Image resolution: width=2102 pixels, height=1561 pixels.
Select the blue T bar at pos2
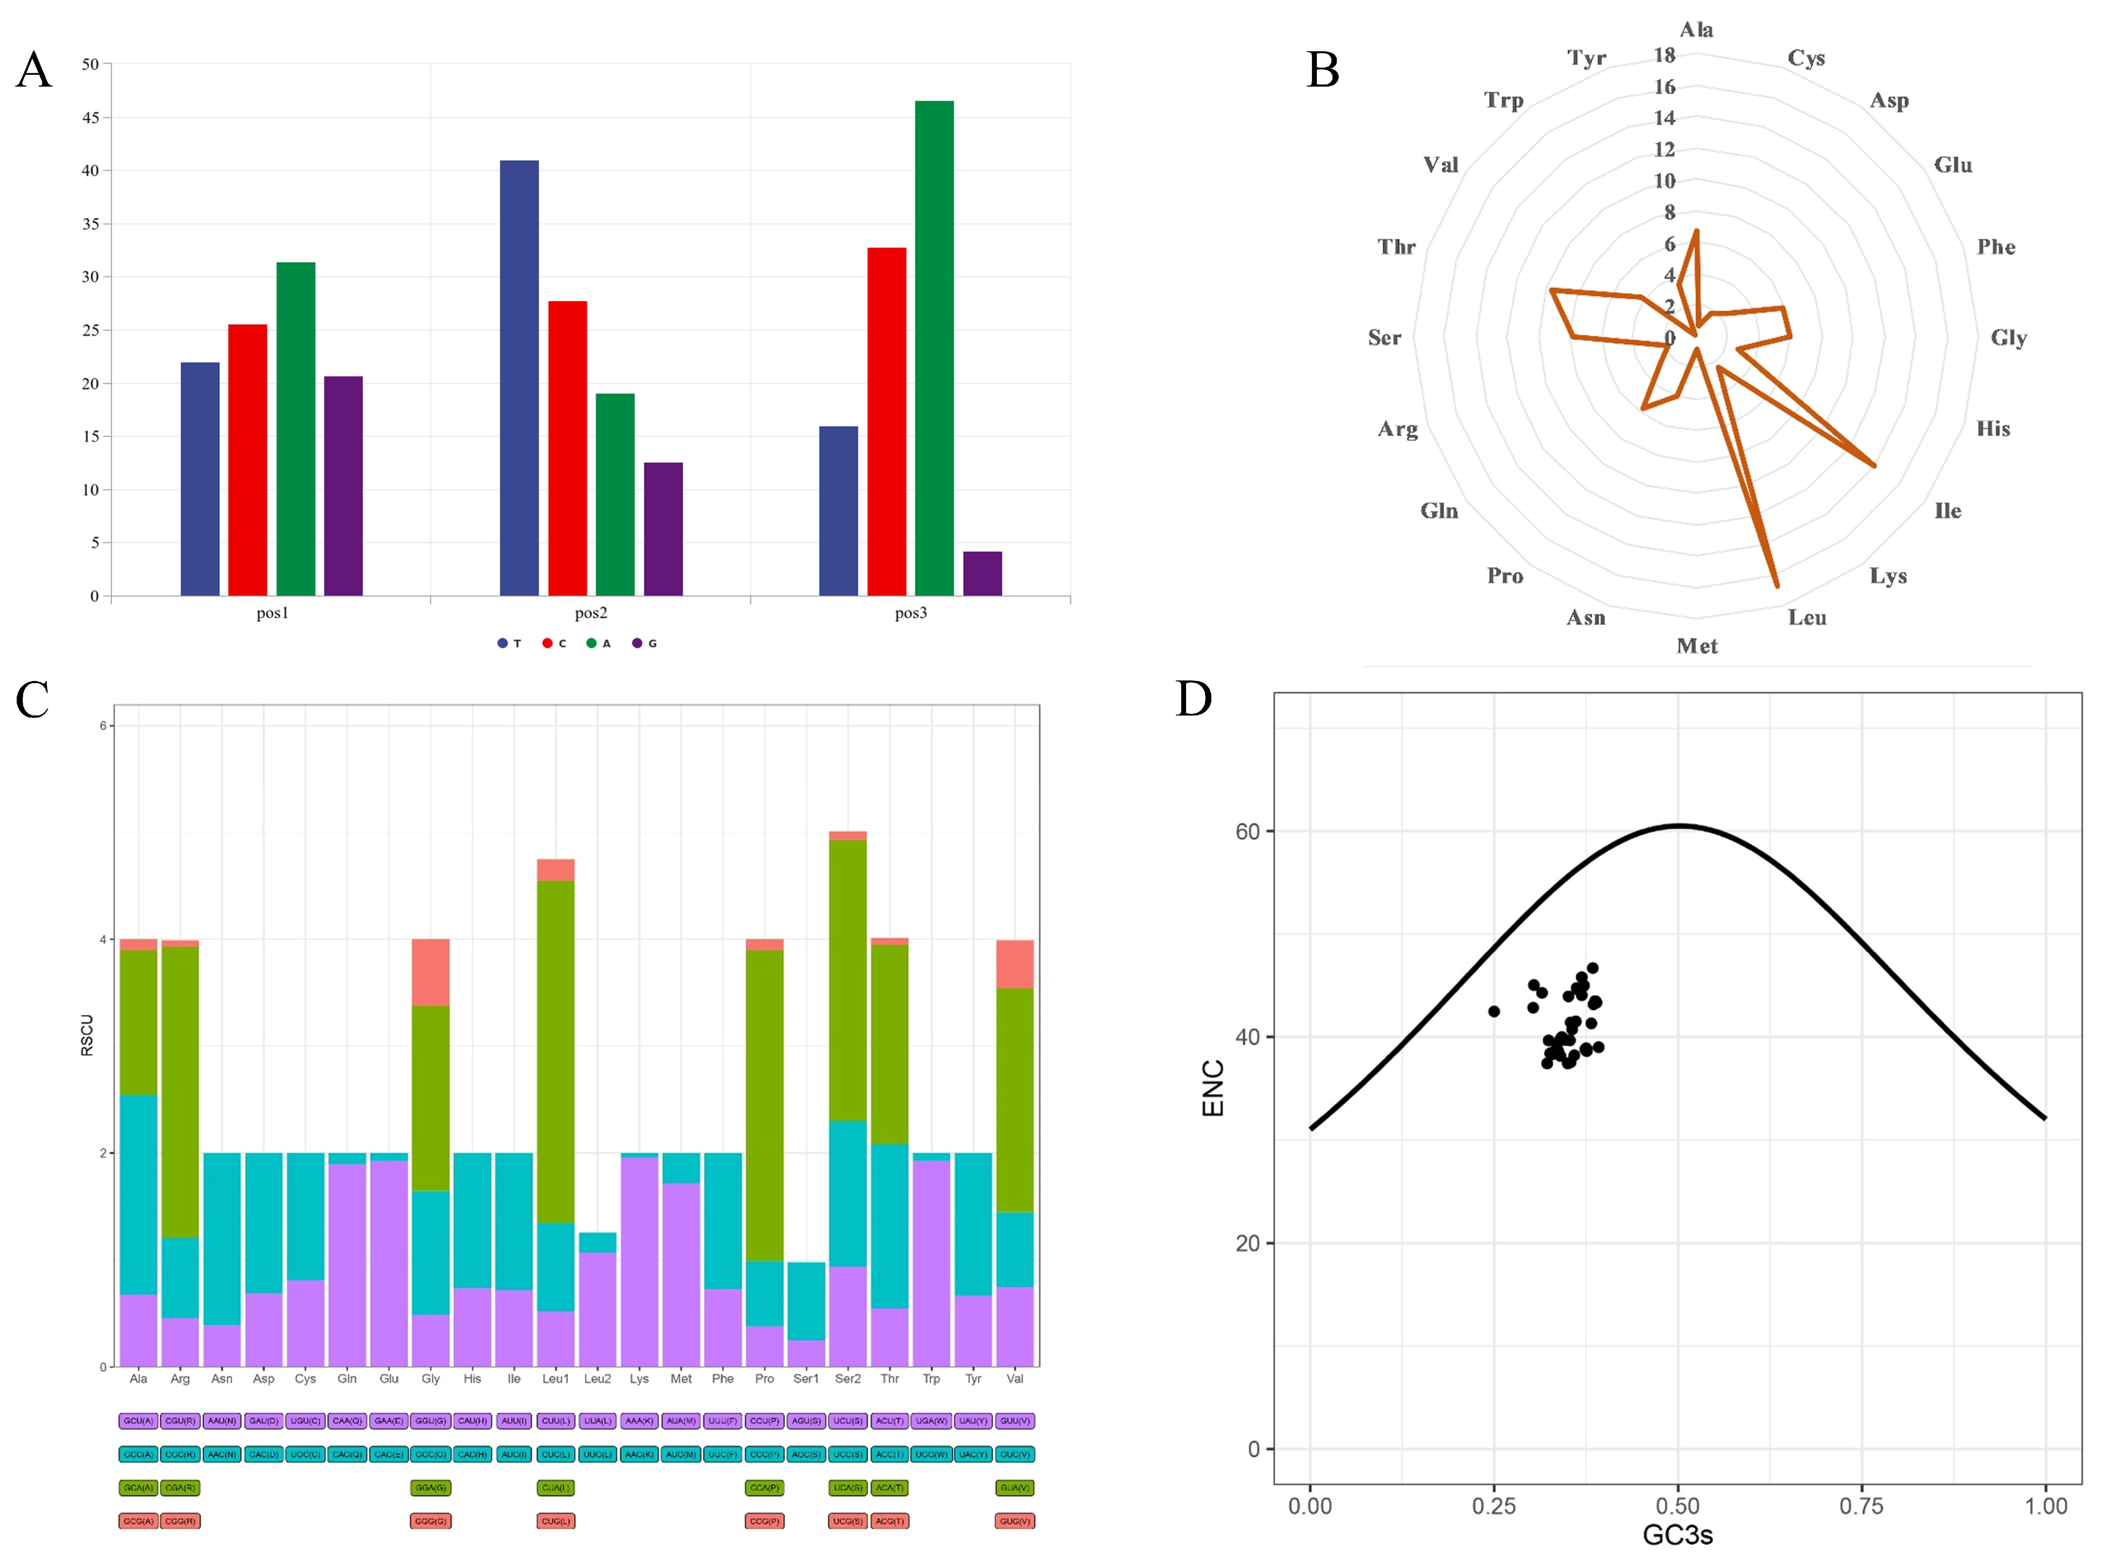coord(519,378)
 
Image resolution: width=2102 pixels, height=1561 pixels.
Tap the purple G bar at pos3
coord(982,573)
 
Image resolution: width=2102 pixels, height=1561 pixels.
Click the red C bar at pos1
coord(248,460)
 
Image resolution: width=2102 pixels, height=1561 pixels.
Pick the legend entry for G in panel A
coord(645,643)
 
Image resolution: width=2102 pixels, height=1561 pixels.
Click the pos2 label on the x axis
coord(591,613)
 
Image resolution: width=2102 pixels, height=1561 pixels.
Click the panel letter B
coord(1322,70)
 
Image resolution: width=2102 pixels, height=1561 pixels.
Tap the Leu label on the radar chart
coord(1806,618)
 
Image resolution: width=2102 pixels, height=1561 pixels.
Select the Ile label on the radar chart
coord(1947,511)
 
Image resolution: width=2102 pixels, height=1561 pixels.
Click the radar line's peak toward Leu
coord(1777,586)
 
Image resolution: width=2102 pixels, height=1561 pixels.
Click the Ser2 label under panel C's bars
coord(848,1379)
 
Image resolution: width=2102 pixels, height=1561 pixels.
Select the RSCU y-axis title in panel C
coord(87,1035)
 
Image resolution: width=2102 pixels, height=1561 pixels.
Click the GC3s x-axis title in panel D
coord(1677,1536)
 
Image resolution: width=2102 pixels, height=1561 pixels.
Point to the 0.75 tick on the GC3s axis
coord(1861,1506)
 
